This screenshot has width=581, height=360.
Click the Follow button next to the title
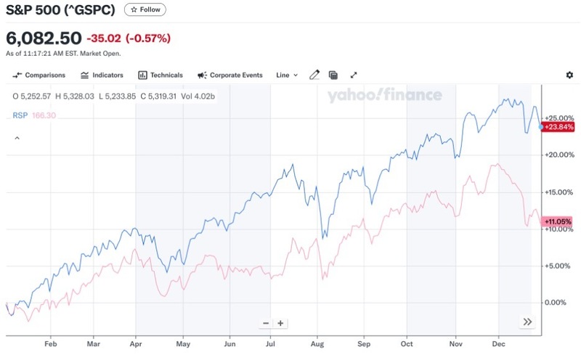pyautogui.click(x=145, y=10)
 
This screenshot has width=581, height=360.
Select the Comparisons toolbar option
pyautogui.click(x=39, y=75)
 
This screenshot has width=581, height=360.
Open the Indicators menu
pyautogui.click(x=102, y=75)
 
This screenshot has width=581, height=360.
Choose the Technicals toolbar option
pyautogui.click(x=161, y=75)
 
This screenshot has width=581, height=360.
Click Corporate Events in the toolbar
pyautogui.click(x=230, y=75)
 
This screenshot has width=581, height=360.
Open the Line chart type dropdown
pyautogui.click(x=287, y=75)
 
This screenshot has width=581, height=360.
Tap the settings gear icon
pyautogui.click(x=569, y=75)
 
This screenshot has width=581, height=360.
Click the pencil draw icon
pyautogui.click(x=314, y=75)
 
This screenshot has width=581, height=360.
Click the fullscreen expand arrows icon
pyautogui.click(x=354, y=75)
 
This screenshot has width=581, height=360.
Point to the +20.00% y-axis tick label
pyautogui.click(x=558, y=155)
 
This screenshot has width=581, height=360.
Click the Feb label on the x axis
pyautogui.click(x=50, y=345)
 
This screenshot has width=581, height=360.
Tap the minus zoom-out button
pyautogui.click(x=266, y=323)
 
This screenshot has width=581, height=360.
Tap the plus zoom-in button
pyautogui.click(x=280, y=323)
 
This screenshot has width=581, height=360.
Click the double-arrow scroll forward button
pyautogui.click(x=527, y=322)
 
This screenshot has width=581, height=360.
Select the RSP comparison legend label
pyautogui.click(x=19, y=115)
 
